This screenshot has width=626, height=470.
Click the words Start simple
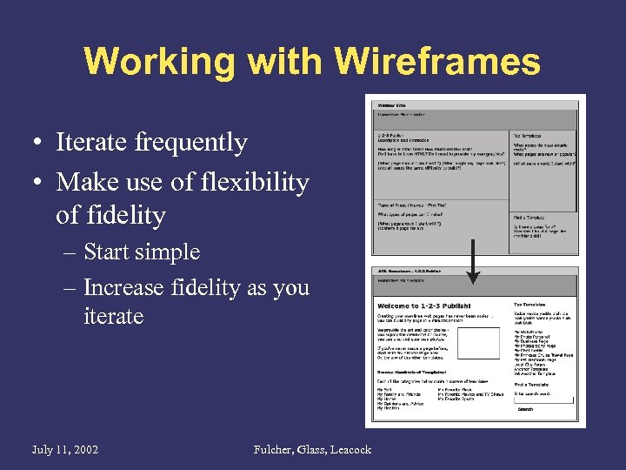(x=142, y=252)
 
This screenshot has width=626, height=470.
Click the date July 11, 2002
(x=64, y=449)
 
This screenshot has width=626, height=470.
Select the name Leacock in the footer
(x=349, y=449)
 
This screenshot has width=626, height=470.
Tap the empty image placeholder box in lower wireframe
(x=477, y=342)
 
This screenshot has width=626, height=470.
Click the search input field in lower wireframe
(x=543, y=399)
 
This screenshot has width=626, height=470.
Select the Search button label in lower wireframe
(x=525, y=408)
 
